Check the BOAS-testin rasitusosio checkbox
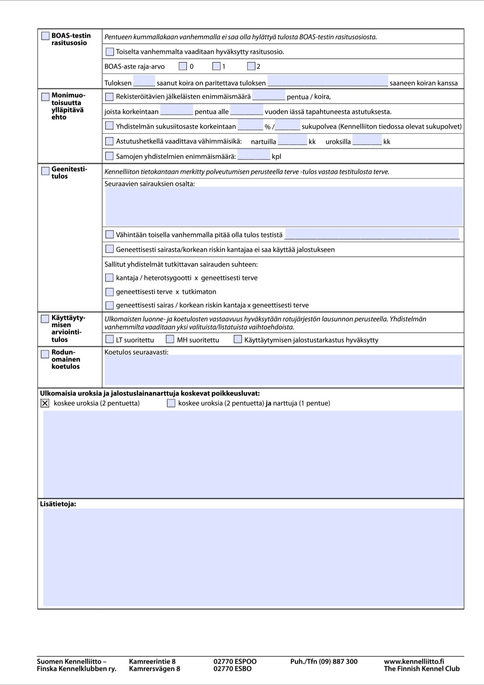coord(45,36)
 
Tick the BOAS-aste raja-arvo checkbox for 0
coord(182,66)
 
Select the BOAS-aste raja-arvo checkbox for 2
coord(251,66)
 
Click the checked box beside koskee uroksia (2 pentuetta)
coord(45,403)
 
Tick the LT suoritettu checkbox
coord(109,339)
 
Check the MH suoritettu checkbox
coord(170,339)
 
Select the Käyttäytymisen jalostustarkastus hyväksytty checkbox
coord(238,339)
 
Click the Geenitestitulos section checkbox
coord(45,171)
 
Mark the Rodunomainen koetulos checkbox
coord(45,354)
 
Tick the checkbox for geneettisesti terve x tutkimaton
coord(109,292)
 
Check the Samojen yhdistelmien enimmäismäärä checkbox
coord(109,156)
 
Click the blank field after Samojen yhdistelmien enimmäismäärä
coord(254,155)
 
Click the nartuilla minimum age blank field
coord(292,141)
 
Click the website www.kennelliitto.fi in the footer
coord(414,661)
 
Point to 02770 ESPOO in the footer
coord(235,661)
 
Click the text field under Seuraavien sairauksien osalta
coord(284,206)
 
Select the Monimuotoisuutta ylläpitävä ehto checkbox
coord(45,96)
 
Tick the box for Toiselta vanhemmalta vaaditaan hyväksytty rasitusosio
coord(109,51)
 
